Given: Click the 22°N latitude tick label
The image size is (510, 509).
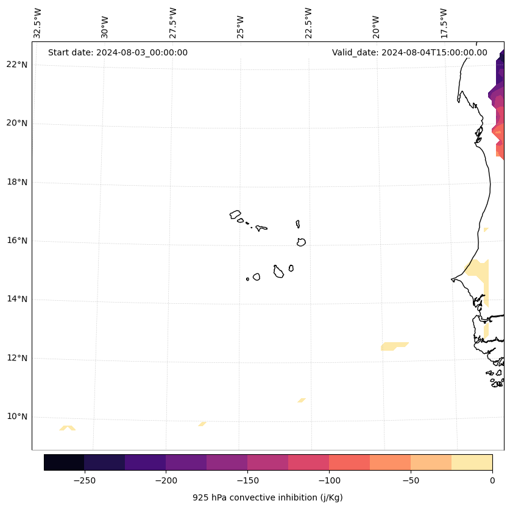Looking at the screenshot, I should tap(17, 65).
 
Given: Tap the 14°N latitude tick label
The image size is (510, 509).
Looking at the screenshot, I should tap(17, 299).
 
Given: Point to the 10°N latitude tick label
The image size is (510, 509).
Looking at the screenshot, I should tap(17, 416).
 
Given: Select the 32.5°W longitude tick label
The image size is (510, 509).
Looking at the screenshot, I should tap(38, 23).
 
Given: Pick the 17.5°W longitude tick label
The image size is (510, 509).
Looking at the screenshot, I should tap(444, 23).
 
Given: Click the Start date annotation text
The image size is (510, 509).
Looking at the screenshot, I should tap(118, 52).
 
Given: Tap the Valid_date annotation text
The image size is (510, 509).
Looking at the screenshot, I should tap(409, 52).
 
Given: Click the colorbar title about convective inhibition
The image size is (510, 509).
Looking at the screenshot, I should tap(267, 497).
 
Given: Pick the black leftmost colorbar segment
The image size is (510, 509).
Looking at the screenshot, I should tap(64, 462).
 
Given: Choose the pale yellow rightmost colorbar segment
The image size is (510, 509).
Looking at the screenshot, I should tap(472, 462).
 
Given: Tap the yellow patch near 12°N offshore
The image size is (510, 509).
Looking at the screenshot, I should tap(394, 346).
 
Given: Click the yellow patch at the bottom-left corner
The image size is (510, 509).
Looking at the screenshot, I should tap(68, 428).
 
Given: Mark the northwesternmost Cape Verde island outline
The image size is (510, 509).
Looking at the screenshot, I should tap(235, 214).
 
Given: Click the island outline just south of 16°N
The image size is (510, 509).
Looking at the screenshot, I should tap(301, 242).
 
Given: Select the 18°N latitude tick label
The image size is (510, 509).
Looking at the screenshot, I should tap(17, 182).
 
